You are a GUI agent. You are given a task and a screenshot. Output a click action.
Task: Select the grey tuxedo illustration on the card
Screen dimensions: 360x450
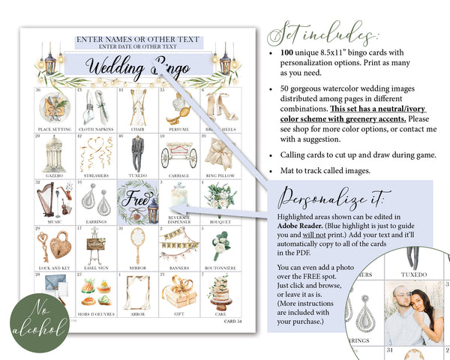(x=136, y=154)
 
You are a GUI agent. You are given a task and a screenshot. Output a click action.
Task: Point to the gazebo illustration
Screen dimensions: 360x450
(x=54, y=154)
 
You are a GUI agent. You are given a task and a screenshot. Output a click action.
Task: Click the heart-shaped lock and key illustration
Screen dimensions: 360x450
(x=55, y=244)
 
